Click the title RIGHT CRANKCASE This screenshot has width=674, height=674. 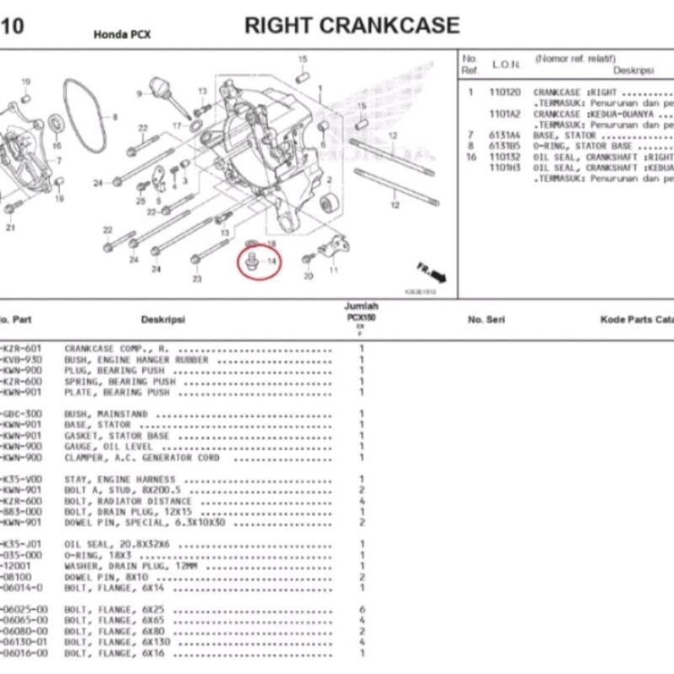352,25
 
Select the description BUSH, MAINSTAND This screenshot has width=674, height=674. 106,415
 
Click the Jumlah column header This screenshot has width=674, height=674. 361,307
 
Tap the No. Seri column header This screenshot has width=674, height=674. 485,320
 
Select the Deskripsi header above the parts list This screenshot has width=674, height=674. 163,320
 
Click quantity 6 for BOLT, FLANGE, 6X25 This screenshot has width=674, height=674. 361,609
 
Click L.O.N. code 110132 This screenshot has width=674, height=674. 505,157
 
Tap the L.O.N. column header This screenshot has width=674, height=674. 505,65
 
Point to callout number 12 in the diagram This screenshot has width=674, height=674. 394,205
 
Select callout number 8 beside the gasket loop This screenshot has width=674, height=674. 115,117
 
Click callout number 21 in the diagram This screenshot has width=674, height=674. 11,228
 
